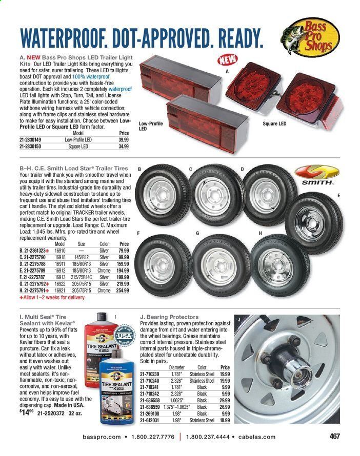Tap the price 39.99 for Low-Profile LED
[124, 139]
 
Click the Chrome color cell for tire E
[104, 270]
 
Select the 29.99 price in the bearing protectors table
[224, 400]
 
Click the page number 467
[334, 437]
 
